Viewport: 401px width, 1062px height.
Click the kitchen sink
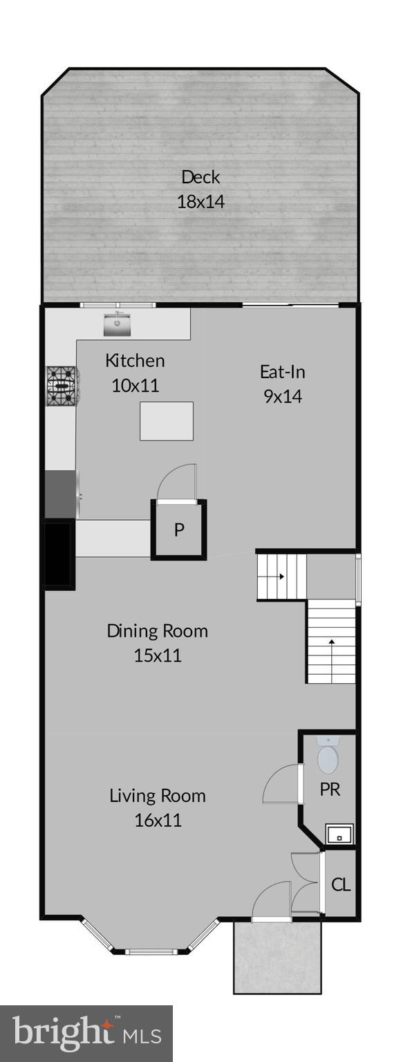tap(118, 323)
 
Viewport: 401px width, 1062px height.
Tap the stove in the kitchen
tap(63, 385)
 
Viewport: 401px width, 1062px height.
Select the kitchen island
tap(167, 422)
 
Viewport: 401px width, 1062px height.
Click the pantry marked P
tap(179, 530)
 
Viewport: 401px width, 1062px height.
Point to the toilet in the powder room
tap(328, 756)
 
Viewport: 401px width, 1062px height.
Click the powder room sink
tap(339, 835)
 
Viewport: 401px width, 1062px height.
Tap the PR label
tap(330, 790)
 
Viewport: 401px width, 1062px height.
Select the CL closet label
tap(341, 884)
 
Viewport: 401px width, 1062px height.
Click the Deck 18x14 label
tap(200, 189)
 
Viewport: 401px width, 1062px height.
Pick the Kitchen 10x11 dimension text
tap(136, 385)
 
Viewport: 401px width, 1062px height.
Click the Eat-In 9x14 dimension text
tap(283, 397)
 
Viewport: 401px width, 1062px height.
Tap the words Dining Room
tap(157, 631)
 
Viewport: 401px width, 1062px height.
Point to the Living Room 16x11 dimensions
tap(158, 821)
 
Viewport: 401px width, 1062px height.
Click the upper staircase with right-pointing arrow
tap(281, 575)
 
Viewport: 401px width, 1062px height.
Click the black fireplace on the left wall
tap(59, 555)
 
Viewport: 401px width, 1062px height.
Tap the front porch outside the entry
tap(277, 957)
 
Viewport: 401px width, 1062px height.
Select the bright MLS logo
tap(86, 1033)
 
